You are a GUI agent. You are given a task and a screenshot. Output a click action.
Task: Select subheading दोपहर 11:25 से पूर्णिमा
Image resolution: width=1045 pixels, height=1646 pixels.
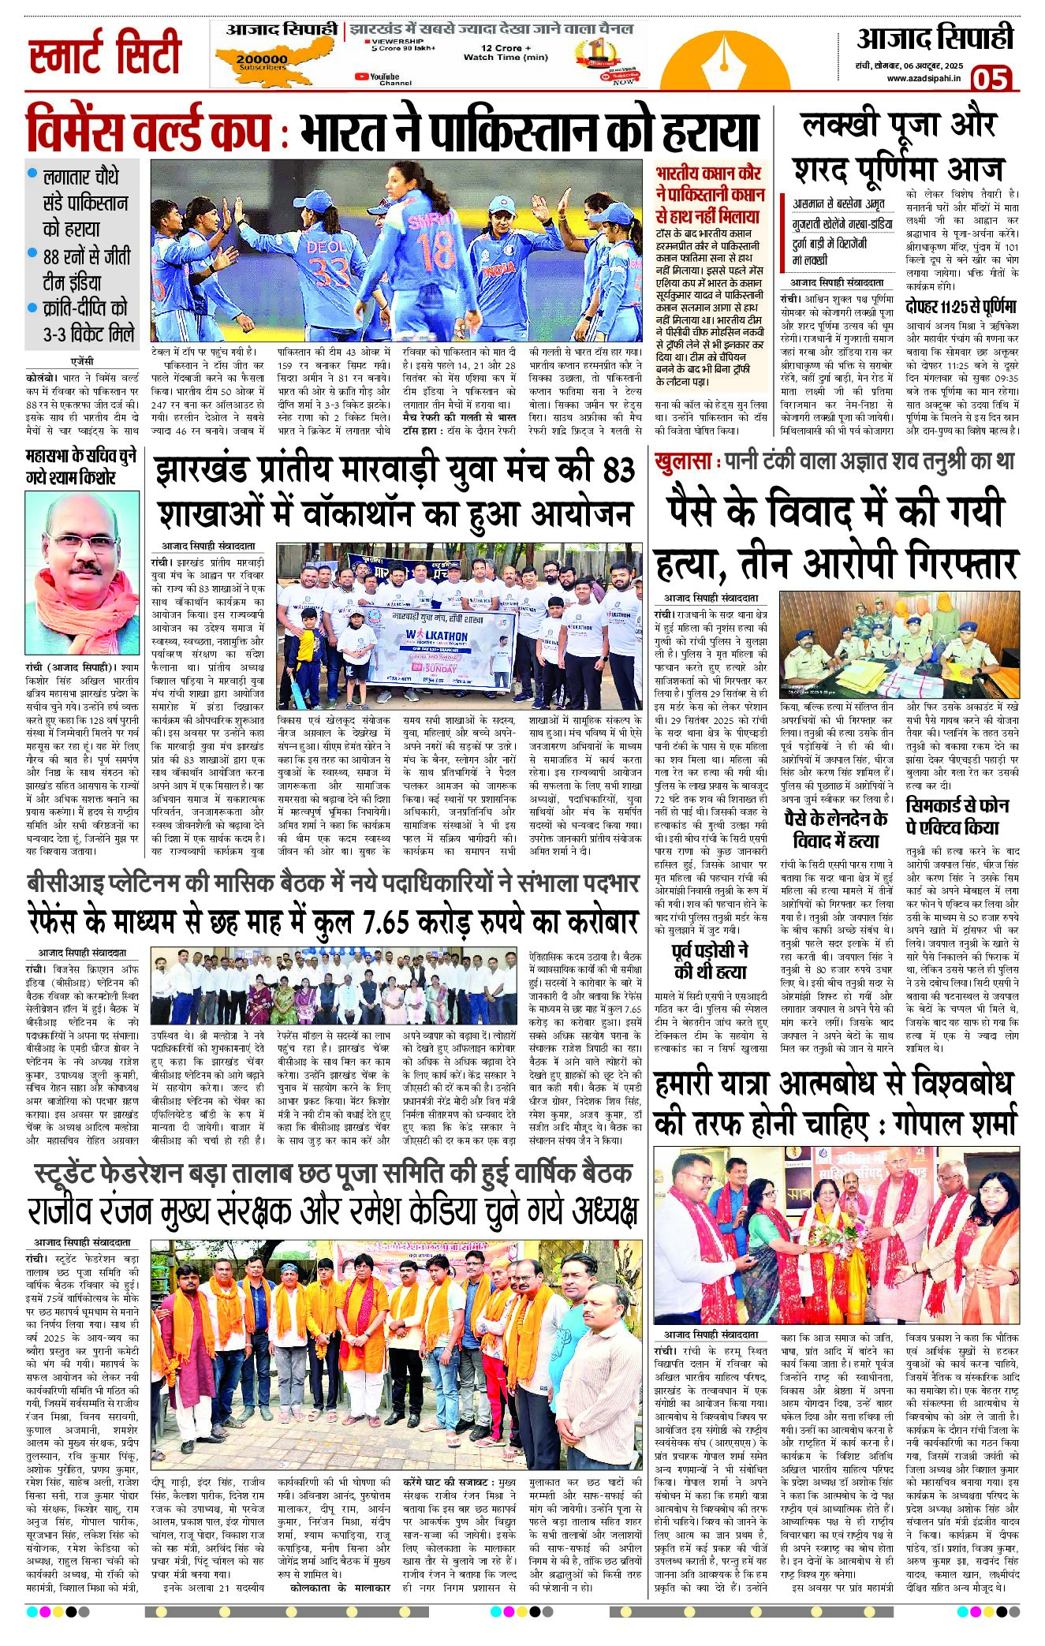click(961, 307)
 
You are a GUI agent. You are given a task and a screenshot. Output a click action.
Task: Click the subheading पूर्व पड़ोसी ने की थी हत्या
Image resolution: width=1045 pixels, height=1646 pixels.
click(710, 961)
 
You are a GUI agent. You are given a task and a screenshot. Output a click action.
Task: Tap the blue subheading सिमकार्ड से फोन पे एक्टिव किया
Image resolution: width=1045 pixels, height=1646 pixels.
click(957, 816)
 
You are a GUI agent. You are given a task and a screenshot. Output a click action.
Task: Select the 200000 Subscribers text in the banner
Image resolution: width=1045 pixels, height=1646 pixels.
click(261, 62)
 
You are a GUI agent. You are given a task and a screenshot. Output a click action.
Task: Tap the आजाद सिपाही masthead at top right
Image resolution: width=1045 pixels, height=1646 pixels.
click(935, 38)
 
